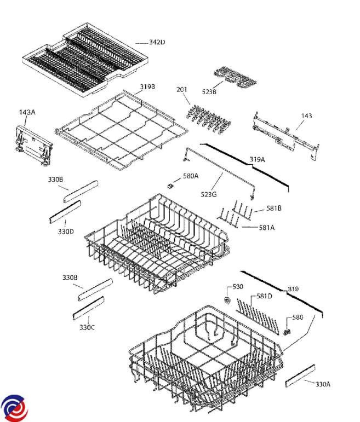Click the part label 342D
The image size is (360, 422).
tap(157, 42)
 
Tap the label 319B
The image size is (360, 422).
tap(147, 86)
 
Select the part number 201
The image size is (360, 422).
tap(182, 89)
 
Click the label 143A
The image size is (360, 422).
tap(27, 112)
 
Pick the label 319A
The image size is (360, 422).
tap(257, 159)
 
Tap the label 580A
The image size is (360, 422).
tap(191, 176)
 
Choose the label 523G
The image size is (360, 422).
tap(208, 194)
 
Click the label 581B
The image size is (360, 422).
tap(274, 208)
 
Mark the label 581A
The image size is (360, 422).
tap(266, 228)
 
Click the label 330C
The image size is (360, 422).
tap(87, 327)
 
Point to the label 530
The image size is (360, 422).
tap(238, 286)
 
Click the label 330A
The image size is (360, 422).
tap(323, 384)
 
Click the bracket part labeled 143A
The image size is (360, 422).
tap(32, 143)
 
